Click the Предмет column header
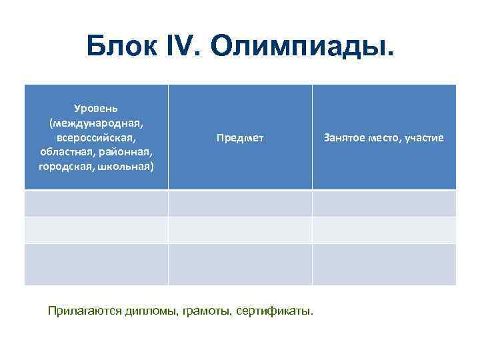pos(240,137)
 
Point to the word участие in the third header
pos(424,137)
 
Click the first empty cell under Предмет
pos(240,203)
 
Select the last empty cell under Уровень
pos(96,264)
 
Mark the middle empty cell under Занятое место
pos(384,230)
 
